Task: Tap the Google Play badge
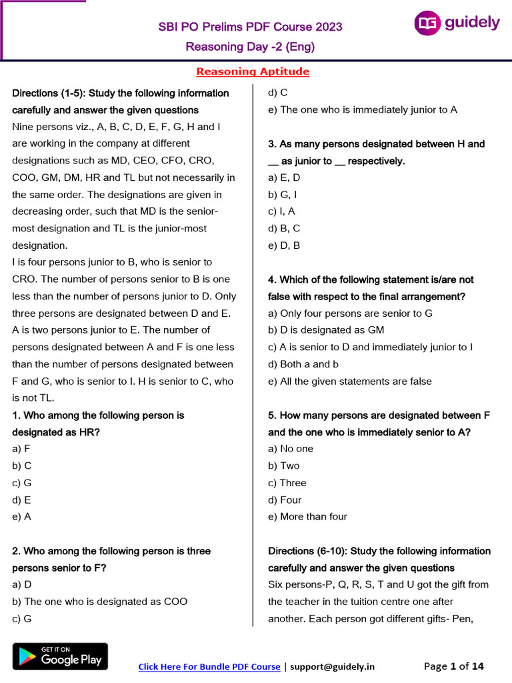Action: [x=60, y=656]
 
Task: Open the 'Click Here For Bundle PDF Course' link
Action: [x=209, y=666]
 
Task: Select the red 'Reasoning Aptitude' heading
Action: [x=253, y=72]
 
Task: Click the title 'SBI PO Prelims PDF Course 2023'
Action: [x=250, y=27]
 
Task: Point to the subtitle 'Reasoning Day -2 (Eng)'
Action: [x=250, y=47]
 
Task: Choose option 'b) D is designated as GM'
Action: [x=326, y=330]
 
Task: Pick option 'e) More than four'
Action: [x=307, y=516]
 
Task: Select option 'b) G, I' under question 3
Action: [x=283, y=195]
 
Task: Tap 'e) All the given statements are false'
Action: [x=349, y=382]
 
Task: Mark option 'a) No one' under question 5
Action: [x=291, y=449]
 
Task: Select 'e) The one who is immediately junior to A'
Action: [x=363, y=110]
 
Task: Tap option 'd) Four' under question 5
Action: [x=285, y=500]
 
